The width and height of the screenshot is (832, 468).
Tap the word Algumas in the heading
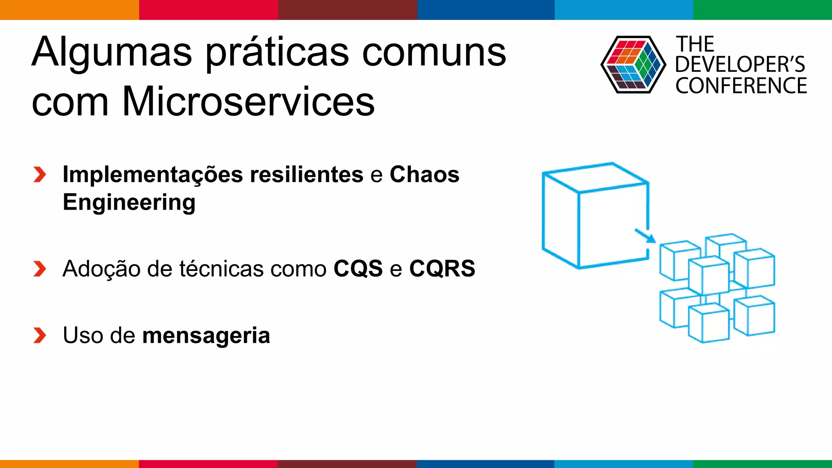pyautogui.click(x=112, y=53)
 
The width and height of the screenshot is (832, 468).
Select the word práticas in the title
pyautogui.click(x=277, y=53)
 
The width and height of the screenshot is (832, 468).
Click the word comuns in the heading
pyautogui.click(x=434, y=53)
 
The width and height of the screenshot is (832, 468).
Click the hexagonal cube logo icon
pyautogui.click(x=633, y=65)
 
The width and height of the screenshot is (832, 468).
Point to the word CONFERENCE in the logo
pyautogui.click(x=741, y=86)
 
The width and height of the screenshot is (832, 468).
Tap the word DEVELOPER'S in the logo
pyautogui.click(x=740, y=65)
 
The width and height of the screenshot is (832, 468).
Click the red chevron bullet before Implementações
pyautogui.click(x=40, y=175)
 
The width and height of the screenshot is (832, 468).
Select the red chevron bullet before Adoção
pyautogui.click(x=40, y=269)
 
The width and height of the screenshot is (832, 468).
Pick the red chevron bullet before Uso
pyautogui.click(x=40, y=336)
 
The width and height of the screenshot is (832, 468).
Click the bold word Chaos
pyautogui.click(x=425, y=175)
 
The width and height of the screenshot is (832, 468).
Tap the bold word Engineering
pyautogui.click(x=129, y=202)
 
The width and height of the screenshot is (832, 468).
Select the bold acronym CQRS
pyautogui.click(x=442, y=269)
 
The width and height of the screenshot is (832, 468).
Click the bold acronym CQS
pyautogui.click(x=358, y=269)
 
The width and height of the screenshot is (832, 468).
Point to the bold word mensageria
pyautogui.click(x=206, y=336)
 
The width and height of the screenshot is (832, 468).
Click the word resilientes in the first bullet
pyautogui.click(x=306, y=175)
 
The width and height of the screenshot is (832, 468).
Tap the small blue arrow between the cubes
pyautogui.click(x=645, y=236)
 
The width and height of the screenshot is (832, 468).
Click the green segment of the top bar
pyautogui.click(x=763, y=10)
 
